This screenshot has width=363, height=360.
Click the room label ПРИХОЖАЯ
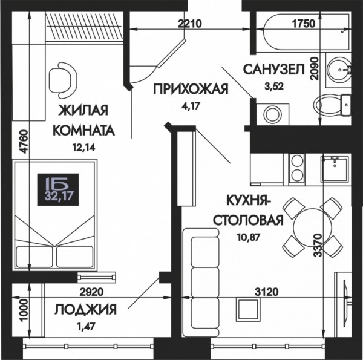191,90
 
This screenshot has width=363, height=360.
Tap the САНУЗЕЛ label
273,70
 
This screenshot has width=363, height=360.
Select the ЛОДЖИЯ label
86,310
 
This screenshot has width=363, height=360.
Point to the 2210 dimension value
190,24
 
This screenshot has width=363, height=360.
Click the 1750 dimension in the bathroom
304,24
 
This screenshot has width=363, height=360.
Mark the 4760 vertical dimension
24,142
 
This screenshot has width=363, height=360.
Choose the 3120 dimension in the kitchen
267,292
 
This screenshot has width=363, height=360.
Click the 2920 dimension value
91,292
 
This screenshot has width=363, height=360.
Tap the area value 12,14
84,148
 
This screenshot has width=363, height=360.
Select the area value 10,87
249,237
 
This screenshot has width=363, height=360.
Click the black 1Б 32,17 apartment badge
58,189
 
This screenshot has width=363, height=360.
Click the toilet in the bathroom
332,105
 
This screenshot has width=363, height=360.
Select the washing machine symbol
273,114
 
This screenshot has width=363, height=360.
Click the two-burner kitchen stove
297,169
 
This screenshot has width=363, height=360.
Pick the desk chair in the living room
63,80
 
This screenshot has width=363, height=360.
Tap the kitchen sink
335,169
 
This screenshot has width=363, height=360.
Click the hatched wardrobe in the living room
84,27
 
